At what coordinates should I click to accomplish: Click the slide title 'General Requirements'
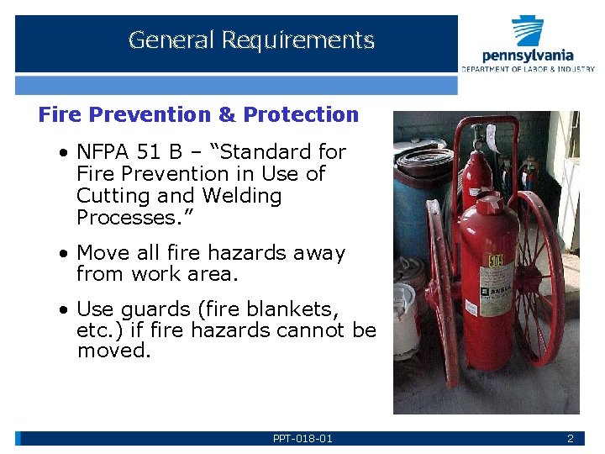[251, 40]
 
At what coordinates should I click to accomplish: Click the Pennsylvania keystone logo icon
[528, 32]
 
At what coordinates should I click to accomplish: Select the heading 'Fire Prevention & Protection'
[198, 114]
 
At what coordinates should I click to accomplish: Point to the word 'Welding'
[242, 196]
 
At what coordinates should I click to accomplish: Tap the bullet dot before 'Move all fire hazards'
[64, 253]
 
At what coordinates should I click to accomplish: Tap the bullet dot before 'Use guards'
[64, 309]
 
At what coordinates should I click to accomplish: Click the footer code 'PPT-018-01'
[302, 439]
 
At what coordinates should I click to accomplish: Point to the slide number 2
[570, 439]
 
